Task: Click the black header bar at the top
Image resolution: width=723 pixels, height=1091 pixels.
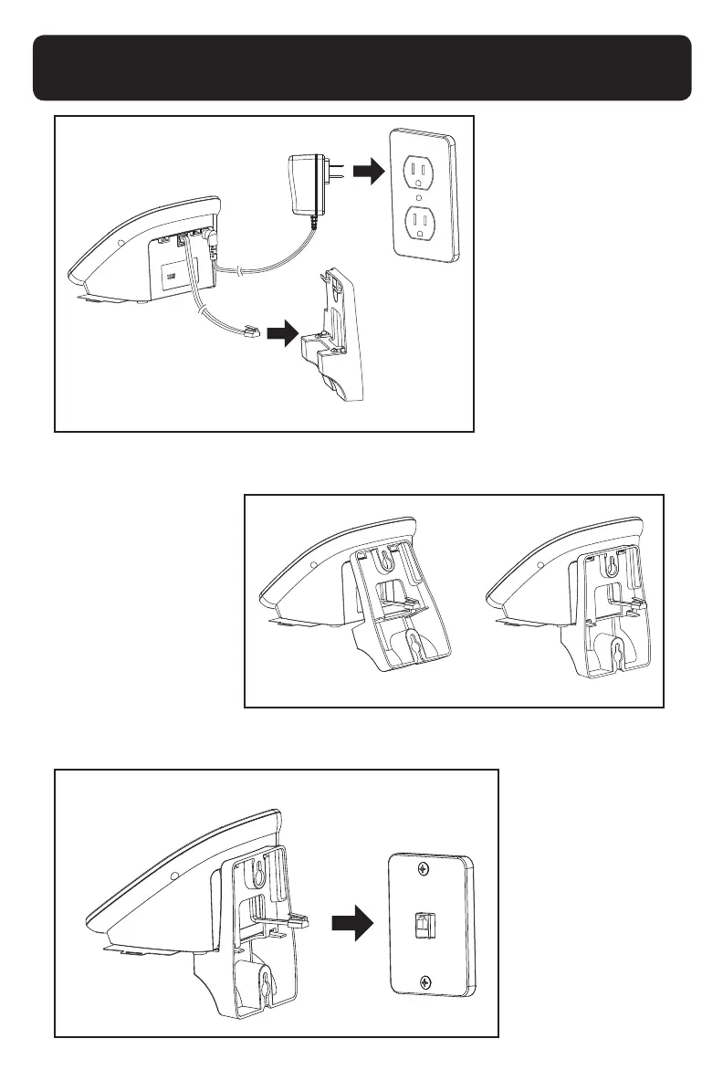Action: click(x=361, y=68)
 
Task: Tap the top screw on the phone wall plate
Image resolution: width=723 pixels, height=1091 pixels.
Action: click(x=426, y=869)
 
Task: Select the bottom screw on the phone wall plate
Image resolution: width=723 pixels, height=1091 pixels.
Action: click(x=426, y=981)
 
